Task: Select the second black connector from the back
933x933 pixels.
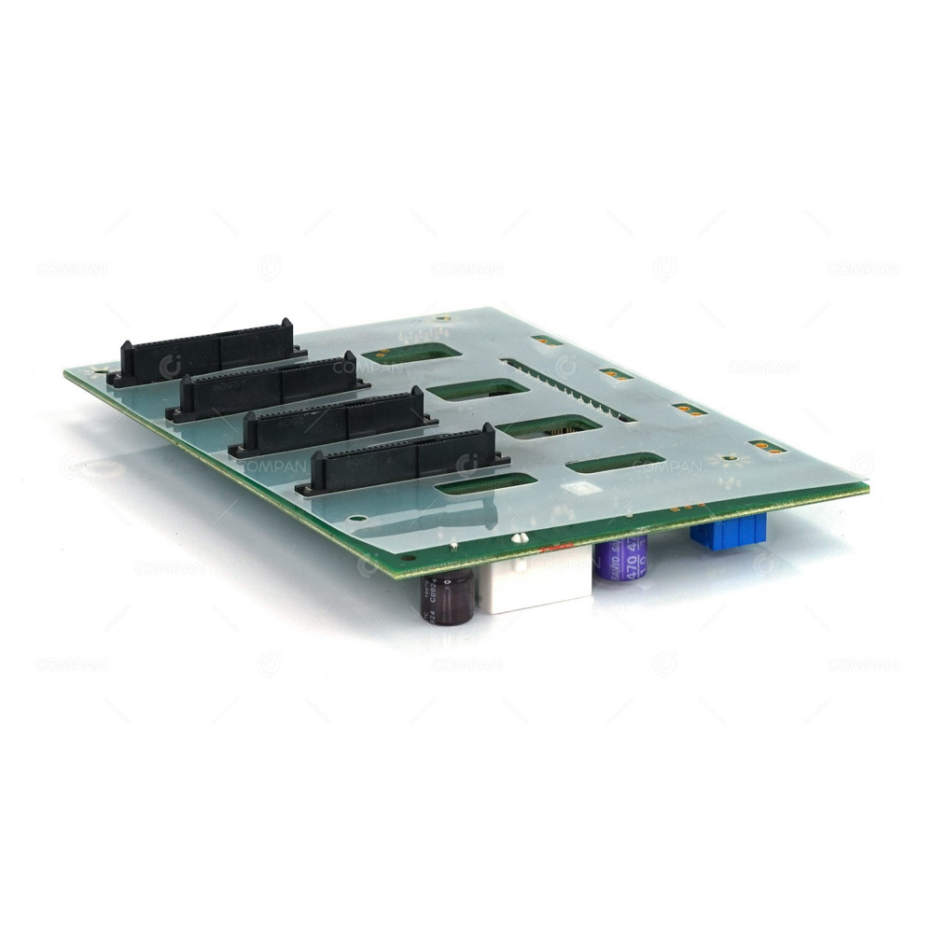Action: [x=271, y=383]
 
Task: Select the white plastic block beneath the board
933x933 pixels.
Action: [x=536, y=584]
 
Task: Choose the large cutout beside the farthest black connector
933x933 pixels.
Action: [x=410, y=354]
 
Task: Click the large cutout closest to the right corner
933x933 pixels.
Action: [x=616, y=462]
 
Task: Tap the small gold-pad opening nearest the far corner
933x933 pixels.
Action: [x=547, y=341]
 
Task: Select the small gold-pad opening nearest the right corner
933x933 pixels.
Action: [x=768, y=447]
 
